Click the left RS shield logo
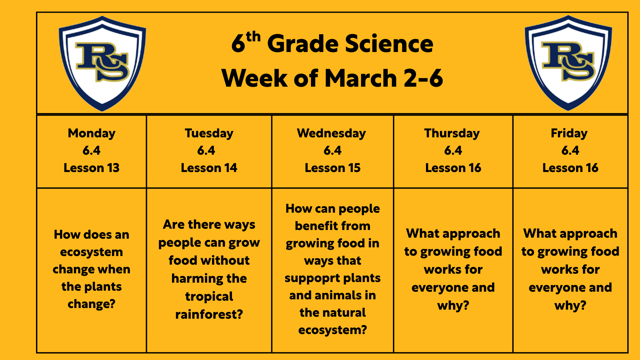(102, 63)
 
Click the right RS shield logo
(568, 63)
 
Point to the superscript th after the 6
(253, 37)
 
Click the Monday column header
(92, 133)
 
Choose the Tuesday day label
(209, 133)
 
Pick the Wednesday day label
(331, 133)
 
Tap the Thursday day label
(452, 133)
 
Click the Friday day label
(569, 133)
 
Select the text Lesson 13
(92, 168)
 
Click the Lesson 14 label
(209, 168)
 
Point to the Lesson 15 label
(333, 168)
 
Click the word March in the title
(361, 78)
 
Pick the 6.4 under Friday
(570, 151)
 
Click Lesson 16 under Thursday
(453, 168)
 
